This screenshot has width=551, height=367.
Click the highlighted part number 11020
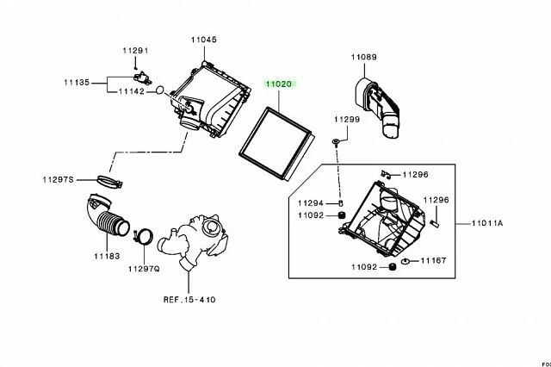pyautogui.click(x=279, y=84)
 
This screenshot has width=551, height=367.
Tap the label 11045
pyautogui.click(x=204, y=40)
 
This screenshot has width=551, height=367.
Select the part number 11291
pyautogui.click(x=135, y=51)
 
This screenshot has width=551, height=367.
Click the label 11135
pyautogui.click(x=77, y=83)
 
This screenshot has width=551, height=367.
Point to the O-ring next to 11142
pyautogui.click(x=159, y=90)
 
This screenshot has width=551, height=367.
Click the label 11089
pyautogui.click(x=363, y=57)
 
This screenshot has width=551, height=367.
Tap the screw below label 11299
pyautogui.click(x=336, y=142)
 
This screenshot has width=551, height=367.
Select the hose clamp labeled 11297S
pyautogui.click(x=109, y=182)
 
